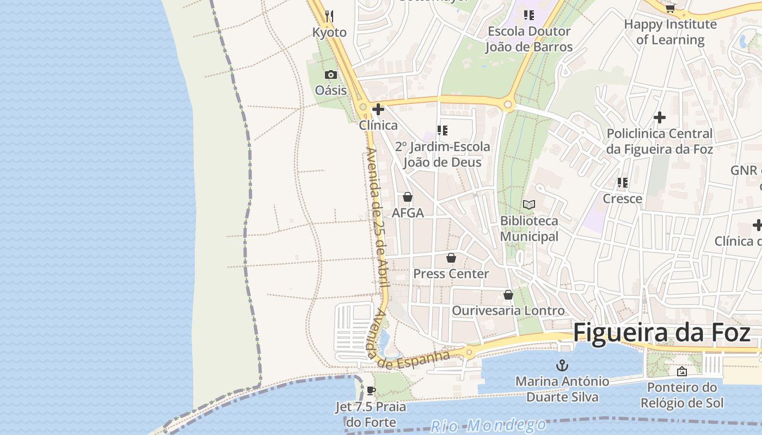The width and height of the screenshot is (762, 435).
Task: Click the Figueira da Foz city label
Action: (662, 332)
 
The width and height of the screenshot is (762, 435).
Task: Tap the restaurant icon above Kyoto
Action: (329, 16)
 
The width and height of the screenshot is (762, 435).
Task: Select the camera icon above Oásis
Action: (330, 74)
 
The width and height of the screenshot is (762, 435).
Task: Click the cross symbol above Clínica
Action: (378, 109)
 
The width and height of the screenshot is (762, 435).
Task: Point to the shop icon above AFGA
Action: (408, 197)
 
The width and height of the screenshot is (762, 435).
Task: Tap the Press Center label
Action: (451, 274)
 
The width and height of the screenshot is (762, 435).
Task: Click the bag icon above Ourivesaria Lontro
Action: (508, 295)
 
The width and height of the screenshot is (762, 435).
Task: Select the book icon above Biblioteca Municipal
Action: (529, 204)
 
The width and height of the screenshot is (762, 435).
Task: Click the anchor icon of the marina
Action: (562, 365)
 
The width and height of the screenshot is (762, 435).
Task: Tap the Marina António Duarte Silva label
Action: (562, 389)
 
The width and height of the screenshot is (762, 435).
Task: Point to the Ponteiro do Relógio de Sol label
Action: (682, 395)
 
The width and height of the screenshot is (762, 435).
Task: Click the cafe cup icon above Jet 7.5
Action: (371, 390)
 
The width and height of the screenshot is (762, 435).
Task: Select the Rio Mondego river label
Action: (488, 425)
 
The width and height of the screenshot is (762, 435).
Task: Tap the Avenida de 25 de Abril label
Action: (377, 217)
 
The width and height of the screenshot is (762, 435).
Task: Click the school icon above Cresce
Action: (623, 183)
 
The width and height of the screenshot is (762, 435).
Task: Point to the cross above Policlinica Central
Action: (660, 117)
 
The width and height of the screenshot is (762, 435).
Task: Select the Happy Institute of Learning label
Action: (670, 32)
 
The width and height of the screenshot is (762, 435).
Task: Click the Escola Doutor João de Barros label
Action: (529, 39)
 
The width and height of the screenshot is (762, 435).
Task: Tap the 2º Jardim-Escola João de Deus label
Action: (443, 154)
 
